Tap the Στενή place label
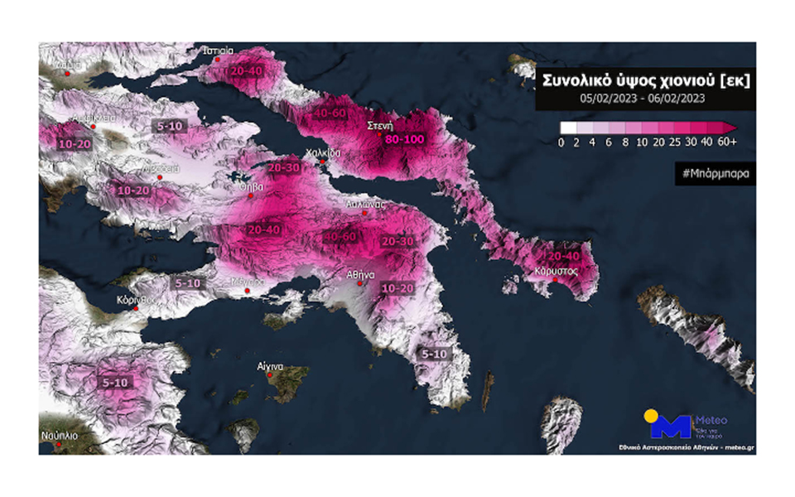point(379,126)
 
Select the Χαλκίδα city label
point(324,152)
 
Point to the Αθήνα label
point(362,273)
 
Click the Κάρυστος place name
point(556,271)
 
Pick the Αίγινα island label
point(270,366)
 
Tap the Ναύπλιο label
point(60,435)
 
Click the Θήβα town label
point(251,187)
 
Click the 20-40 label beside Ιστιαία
point(246,71)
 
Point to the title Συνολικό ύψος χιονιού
point(644,80)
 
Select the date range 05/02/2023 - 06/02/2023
point(643,98)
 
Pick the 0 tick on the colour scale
point(562,142)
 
